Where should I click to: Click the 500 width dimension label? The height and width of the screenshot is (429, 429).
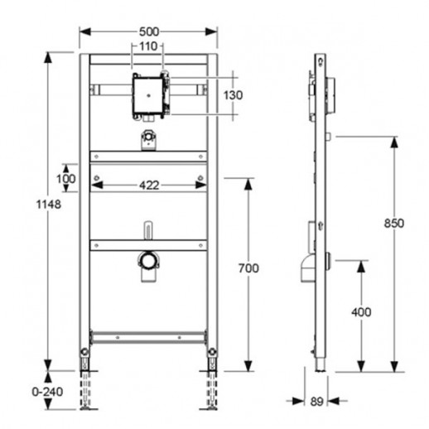(149, 31)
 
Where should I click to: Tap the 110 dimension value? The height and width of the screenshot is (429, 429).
(148, 46)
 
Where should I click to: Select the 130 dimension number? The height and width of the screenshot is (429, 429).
(233, 95)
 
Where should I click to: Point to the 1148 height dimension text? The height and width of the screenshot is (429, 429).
(49, 205)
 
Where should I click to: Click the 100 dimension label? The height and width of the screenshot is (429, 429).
(65, 179)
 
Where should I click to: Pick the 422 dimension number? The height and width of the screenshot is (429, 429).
(149, 186)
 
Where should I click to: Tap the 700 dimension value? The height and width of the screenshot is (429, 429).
(248, 268)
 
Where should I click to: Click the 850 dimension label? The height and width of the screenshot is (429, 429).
(394, 224)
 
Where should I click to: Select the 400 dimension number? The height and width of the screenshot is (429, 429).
(361, 312)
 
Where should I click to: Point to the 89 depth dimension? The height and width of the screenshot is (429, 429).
(316, 402)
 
